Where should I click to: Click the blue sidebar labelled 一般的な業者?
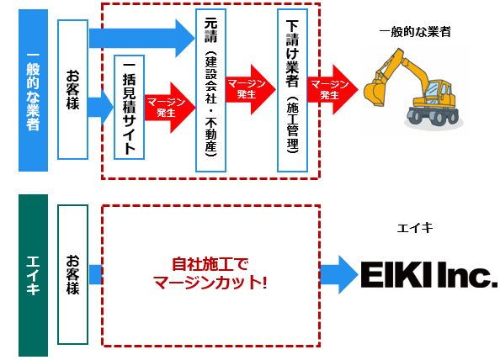tap(33, 90)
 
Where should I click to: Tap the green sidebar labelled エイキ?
tap(33, 275)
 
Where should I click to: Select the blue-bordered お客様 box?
tap(72, 89)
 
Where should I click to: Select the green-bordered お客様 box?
tap(72, 274)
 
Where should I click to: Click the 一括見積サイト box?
tap(129, 108)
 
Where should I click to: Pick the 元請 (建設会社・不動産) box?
tap(210, 90)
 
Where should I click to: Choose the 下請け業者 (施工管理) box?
tap(292, 90)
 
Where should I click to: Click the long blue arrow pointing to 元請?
tap(142, 38)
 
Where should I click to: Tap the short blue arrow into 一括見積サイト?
tap(100, 108)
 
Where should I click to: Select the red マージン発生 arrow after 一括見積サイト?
tap(170, 108)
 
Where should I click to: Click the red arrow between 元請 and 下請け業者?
tap(251, 89)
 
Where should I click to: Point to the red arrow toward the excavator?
tap(332, 89)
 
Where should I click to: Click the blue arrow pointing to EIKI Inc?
tap(339, 274)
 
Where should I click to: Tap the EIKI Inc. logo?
tap(429, 274)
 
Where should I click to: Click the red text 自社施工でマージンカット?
tap(210, 273)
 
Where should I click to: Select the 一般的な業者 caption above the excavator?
tap(415, 32)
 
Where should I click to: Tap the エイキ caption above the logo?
tap(415, 228)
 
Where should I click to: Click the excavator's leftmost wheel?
tap(415, 115)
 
